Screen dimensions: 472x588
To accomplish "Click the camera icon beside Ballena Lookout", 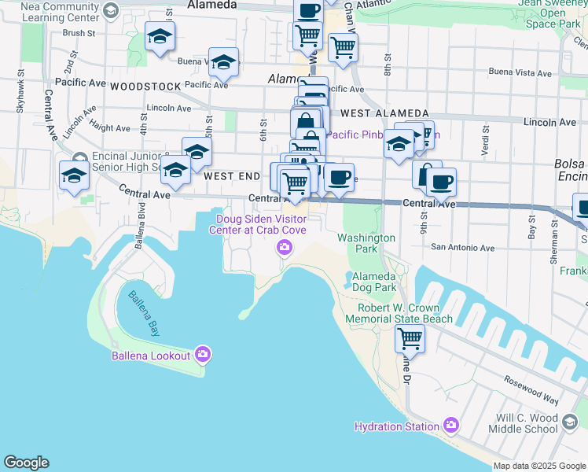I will pos(204,356).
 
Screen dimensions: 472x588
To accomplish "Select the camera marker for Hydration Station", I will pos(450,426).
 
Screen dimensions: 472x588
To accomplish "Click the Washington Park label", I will pos(366,242).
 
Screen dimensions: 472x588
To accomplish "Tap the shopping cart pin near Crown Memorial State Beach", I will pos(410,339).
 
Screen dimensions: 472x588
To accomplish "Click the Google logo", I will pos(26,463).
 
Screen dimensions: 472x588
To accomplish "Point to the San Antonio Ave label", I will pos(462,248).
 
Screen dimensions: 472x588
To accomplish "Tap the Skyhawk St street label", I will pos(19,94).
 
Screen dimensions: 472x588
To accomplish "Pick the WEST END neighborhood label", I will pos(231,177).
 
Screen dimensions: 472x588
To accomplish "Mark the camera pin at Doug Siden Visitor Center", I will pos(285,249).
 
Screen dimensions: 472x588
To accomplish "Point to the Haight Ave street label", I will pos(110,127).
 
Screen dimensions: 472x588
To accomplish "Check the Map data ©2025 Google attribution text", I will pos(539,466).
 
